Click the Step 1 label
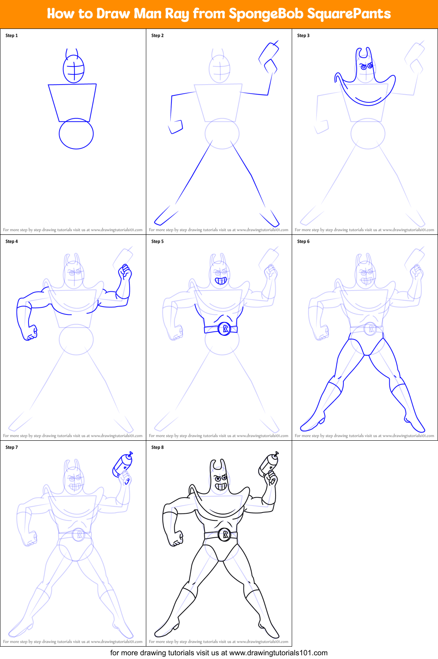click(x=12, y=35)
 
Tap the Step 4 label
click(x=12, y=241)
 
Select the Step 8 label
click(x=157, y=447)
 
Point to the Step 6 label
click(x=303, y=241)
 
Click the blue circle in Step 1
click(x=76, y=134)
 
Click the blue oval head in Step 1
click(x=74, y=68)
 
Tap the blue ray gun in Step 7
click(x=122, y=465)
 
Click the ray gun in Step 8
click(x=268, y=464)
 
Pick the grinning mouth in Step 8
click(x=221, y=487)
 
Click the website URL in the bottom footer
click(x=278, y=653)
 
